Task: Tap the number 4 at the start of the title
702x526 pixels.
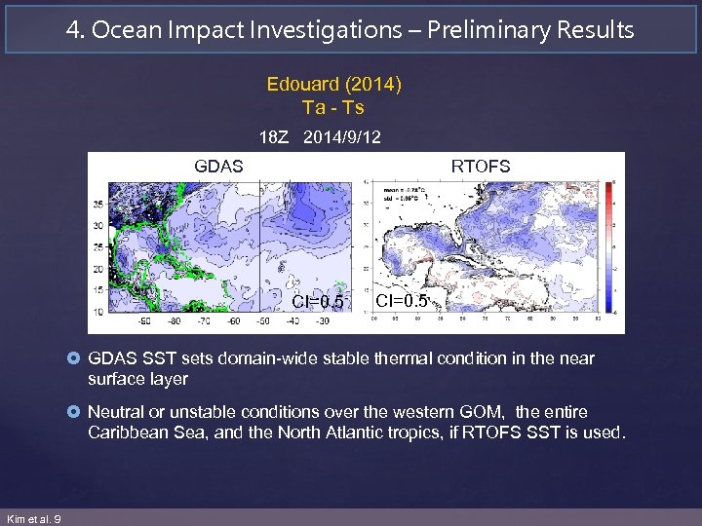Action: coord(73,30)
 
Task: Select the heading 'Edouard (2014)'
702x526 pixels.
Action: coord(334,84)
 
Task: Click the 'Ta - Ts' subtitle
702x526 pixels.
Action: coord(333,106)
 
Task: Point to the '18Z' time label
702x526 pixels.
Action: coord(276,137)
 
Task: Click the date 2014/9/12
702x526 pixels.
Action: coord(342,137)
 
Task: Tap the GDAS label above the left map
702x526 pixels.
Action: coord(218,166)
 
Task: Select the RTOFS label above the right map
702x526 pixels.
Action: coord(480,166)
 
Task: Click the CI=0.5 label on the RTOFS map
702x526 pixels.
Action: coord(402,300)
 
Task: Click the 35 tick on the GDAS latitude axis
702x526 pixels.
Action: coord(97,205)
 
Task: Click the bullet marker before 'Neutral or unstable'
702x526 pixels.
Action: coord(76,413)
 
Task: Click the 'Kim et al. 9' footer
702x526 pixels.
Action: coord(33,518)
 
